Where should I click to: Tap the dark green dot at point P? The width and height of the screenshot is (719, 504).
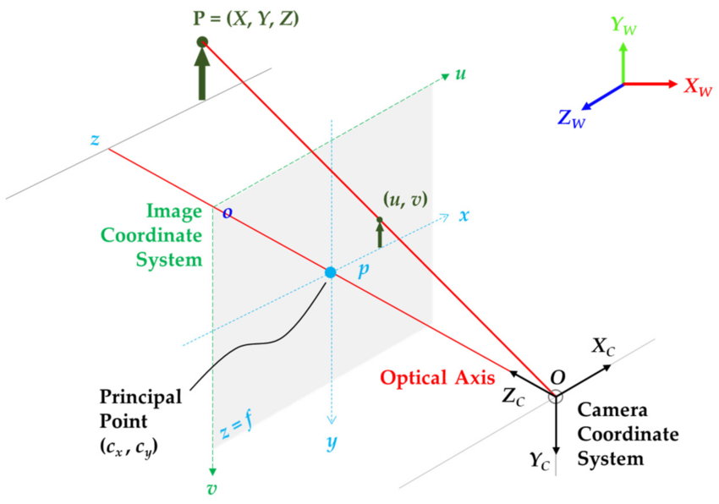[201, 41]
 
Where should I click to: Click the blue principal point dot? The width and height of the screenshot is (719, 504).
[331, 272]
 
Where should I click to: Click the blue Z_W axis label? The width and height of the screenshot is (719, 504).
[572, 118]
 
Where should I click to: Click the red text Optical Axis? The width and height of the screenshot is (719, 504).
[437, 378]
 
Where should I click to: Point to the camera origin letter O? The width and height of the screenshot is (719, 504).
[557, 375]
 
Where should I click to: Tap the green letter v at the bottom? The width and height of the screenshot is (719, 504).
[213, 488]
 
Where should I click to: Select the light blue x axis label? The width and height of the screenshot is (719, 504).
[464, 215]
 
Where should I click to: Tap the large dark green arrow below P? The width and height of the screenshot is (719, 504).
[201, 74]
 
